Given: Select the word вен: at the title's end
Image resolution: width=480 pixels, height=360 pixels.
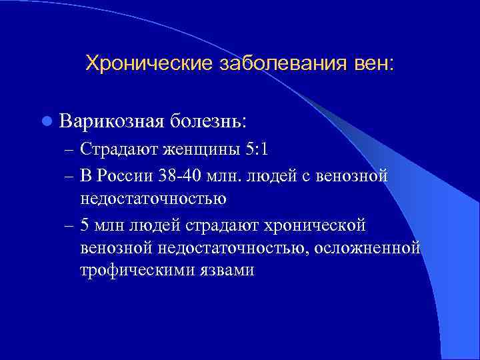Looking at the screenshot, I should (375, 64).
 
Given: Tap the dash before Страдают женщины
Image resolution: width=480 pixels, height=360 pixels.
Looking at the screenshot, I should (70, 149).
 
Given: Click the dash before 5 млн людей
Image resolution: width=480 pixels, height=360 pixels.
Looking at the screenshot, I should (70, 225).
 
